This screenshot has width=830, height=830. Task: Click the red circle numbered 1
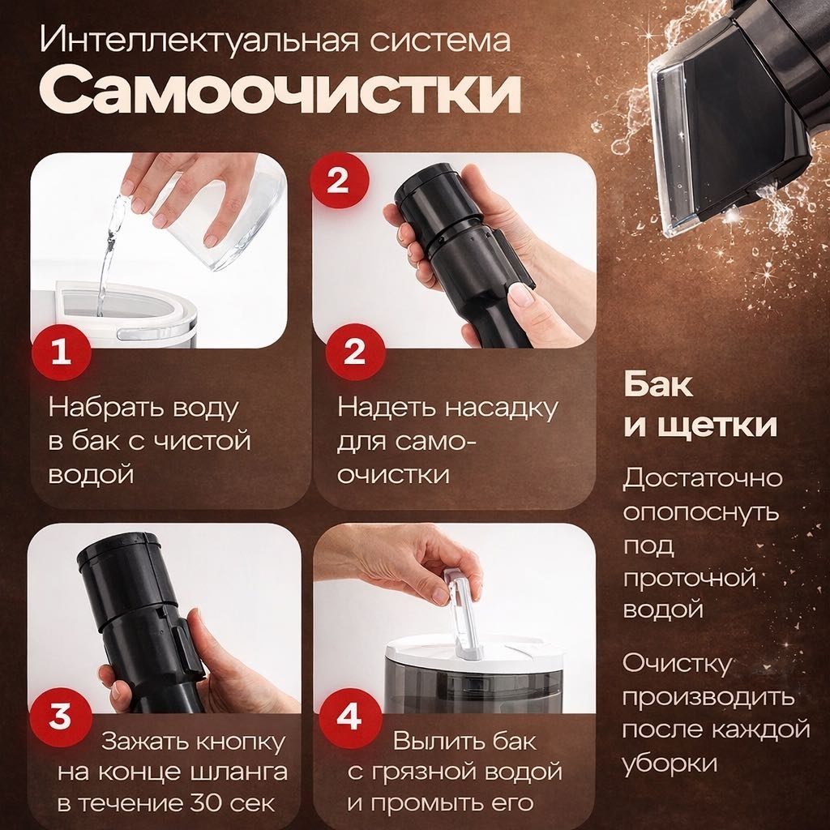point(61,352)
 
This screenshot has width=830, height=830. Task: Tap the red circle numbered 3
point(61,717)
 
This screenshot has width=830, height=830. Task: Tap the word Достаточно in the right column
point(703,477)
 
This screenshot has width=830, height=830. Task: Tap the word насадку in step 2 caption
point(503,409)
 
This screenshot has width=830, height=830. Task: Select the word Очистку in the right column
point(677,663)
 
